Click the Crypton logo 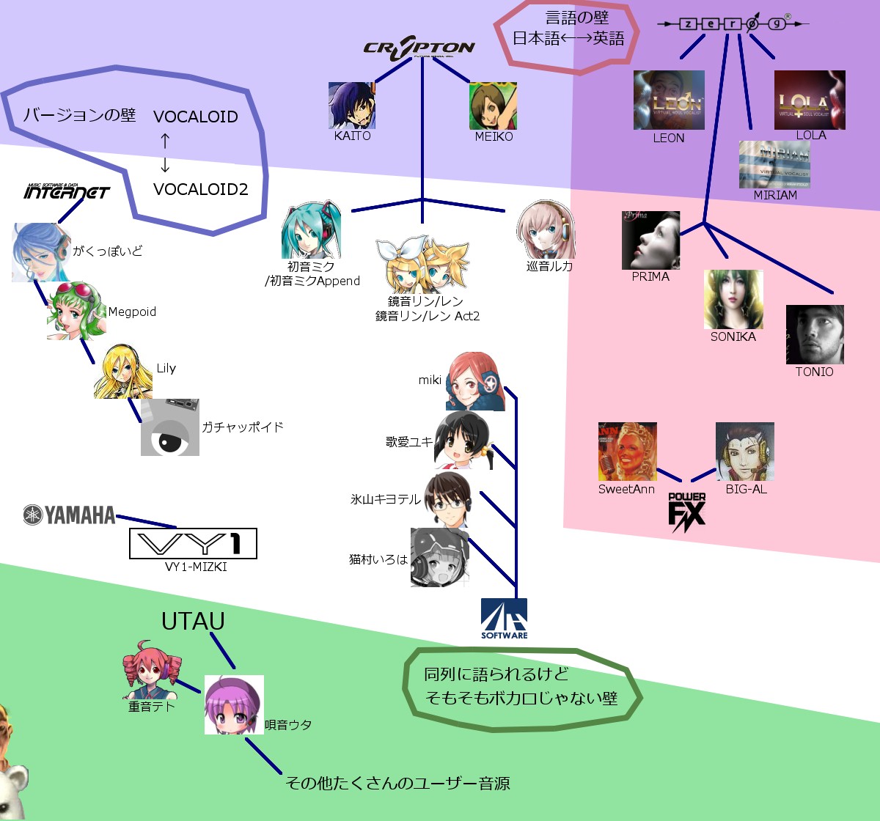pos(419,48)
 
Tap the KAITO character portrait pos(352,106)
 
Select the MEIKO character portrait pos(493,106)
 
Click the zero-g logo pos(733,24)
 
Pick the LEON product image pos(669,100)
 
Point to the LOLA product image pos(810,100)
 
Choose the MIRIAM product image pos(774,164)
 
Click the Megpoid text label pos(132,312)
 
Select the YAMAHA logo pos(70,515)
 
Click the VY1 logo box pos(193,544)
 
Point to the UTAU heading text pos(193,622)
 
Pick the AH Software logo pos(504,618)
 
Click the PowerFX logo pos(687,511)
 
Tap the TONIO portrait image pos(815,334)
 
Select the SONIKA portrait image pos(733,299)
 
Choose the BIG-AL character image pos(745,452)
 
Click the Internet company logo pos(67,191)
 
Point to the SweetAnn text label pos(626,489)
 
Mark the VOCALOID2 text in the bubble pos(201,189)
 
